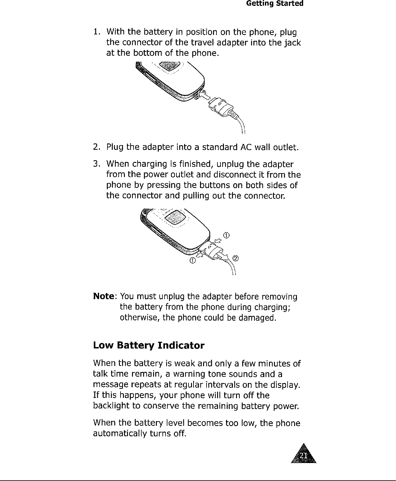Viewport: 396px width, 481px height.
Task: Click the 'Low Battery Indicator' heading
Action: coord(149,345)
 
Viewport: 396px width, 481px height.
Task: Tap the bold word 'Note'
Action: coord(103,297)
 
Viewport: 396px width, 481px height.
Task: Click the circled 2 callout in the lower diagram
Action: coord(236,258)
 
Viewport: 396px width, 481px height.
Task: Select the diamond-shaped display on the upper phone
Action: coord(169,66)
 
